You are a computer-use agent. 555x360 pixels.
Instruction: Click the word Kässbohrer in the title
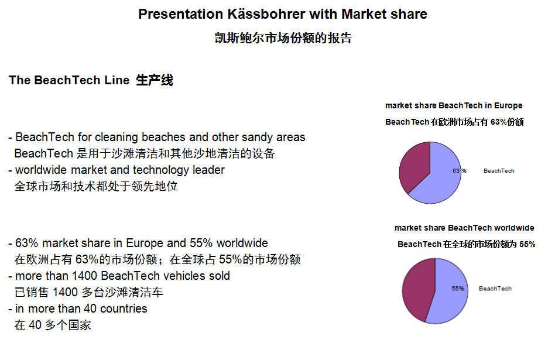tap(266, 14)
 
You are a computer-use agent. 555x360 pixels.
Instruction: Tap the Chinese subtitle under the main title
tap(283, 38)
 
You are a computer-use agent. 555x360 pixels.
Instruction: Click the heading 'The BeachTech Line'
tap(69, 80)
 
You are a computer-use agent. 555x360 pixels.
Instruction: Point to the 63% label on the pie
tap(460, 170)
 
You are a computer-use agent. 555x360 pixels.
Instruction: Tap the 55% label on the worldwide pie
tap(458, 289)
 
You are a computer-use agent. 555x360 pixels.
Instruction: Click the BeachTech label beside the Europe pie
tap(499, 170)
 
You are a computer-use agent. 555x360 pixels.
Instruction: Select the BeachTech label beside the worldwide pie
tap(495, 289)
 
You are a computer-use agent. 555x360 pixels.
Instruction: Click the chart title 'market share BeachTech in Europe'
tap(454, 105)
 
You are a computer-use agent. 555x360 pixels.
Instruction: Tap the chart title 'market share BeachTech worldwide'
tap(464, 228)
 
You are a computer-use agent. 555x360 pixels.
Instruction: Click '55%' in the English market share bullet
tap(201, 243)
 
